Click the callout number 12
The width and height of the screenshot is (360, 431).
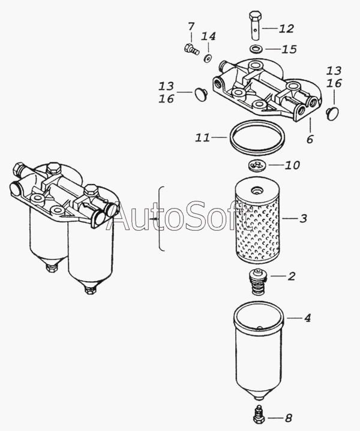pyautogui.click(x=286, y=29)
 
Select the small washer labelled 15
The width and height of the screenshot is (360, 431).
pyautogui.click(x=256, y=49)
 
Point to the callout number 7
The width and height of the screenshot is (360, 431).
pyautogui.click(x=191, y=26)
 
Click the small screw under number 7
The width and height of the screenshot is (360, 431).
pyautogui.click(x=191, y=49)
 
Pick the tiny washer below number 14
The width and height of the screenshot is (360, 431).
pyautogui.click(x=207, y=58)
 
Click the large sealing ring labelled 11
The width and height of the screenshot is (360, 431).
pyautogui.click(x=257, y=137)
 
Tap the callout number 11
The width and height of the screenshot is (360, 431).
pyautogui.click(x=203, y=137)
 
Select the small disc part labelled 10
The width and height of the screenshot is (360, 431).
pyautogui.click(x=257, y=165)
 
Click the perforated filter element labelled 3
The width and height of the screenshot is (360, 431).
pyautogui.click(x=257, y=221)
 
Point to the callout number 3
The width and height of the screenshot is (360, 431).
pyautogui.click(x=303, y=219)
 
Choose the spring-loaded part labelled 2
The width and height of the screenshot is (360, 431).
pyautogui.click(x=257, y=282)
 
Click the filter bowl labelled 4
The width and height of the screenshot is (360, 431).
pyautogui.click(x=258, y=351)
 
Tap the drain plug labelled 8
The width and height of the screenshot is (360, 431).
pyautogui.click(x=259, y=414)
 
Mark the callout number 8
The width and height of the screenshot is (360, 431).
pyautogui.click(x=288, y=418)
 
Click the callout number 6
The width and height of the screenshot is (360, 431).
pyautogui.click(x=310, y=139)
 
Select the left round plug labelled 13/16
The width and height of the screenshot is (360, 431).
pyautogui.click(x=200, y=94)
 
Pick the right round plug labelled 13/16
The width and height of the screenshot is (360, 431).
pyautogui.click(x=332, y=113)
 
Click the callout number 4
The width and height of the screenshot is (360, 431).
pyautogui.click(x=307, y=318)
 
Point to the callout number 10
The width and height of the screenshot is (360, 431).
pyautogui.click(x=292, y=165)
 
